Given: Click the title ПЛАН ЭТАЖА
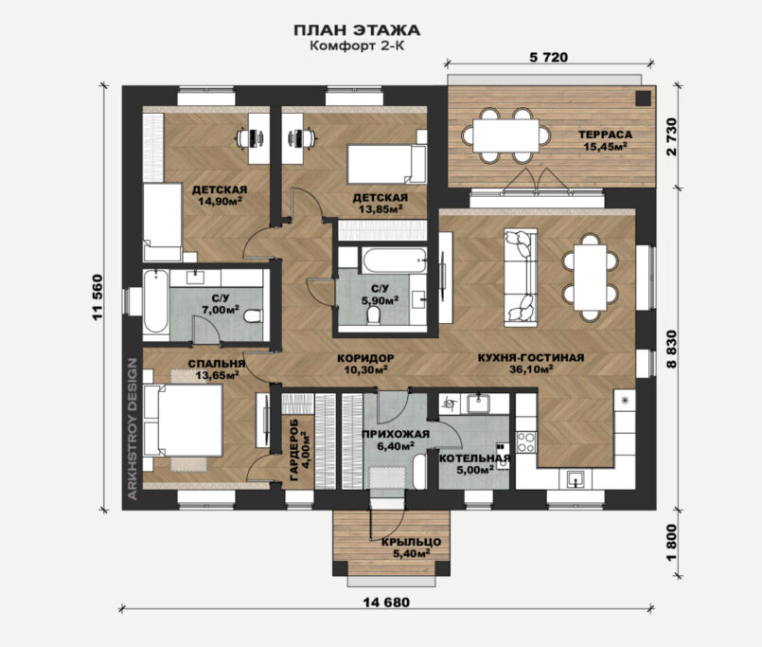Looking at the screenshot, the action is pos(357,30).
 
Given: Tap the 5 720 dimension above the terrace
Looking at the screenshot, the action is pos(548,58).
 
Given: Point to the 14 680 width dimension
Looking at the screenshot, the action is pos(386,602).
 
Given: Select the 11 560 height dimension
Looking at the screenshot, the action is pos(97,297).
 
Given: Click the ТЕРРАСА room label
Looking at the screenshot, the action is pos(605,135).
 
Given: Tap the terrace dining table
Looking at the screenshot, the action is pos(505,135).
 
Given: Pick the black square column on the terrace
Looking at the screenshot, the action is pos(643,99).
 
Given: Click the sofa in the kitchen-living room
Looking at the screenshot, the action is pos(521,277).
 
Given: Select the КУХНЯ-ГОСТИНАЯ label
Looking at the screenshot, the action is pos(531,358).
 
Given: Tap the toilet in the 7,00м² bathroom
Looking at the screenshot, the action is pos(252,316).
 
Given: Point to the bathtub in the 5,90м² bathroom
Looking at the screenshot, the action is pos(394,261).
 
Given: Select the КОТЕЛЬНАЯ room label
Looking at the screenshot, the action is pos(474,458).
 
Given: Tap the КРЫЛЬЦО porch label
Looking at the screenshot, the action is pos(411,542).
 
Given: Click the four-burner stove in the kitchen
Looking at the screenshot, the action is pos(525,442).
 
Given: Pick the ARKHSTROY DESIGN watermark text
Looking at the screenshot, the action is pos(133,428).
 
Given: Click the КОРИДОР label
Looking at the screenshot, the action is pos(365,358).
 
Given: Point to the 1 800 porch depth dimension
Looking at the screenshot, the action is pos(672,543).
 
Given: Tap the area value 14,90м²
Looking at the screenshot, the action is pos(221,201).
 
